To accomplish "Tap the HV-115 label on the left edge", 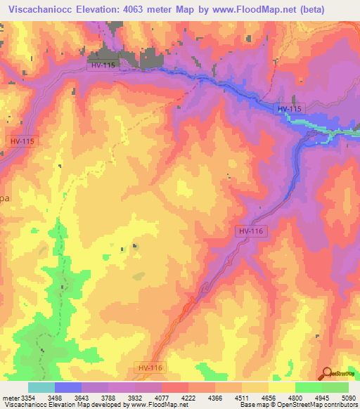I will point(22,141).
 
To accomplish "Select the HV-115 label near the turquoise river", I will point(289,109).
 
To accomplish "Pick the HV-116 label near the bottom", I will point(149,368).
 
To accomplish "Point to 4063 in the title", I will point(146,8).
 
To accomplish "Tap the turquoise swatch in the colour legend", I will point(41,387).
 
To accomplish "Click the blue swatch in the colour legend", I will point(68,387).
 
